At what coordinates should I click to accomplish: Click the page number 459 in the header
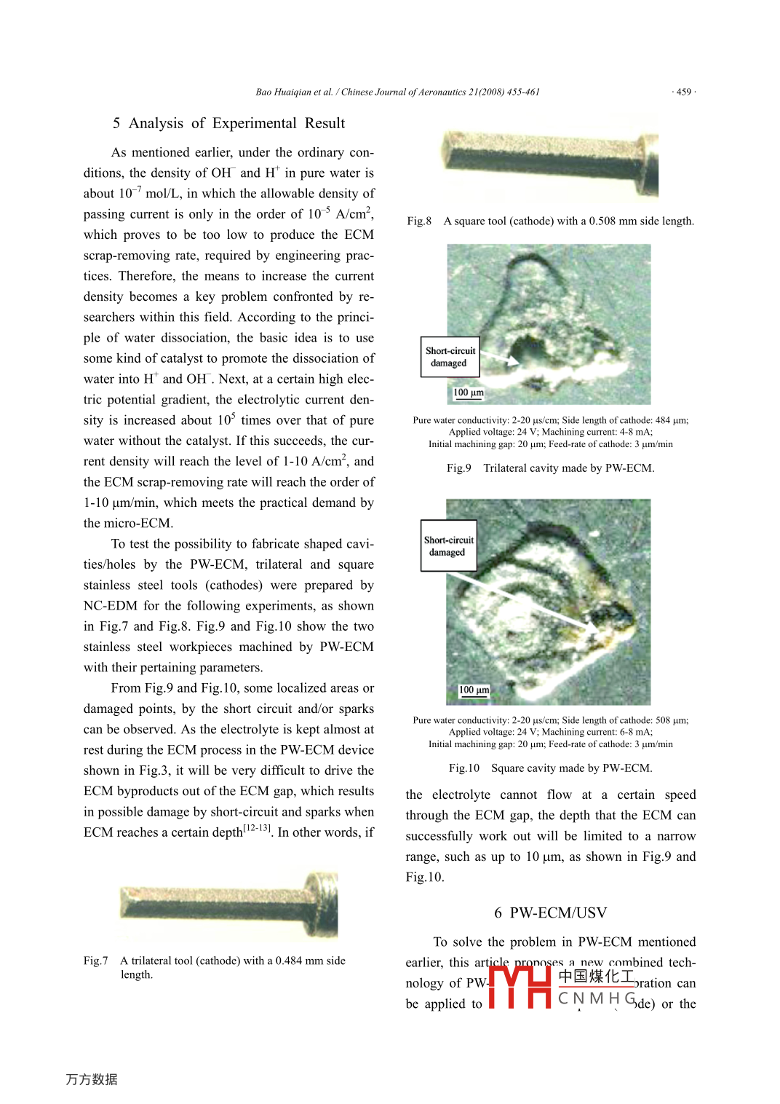[x=683, y=92]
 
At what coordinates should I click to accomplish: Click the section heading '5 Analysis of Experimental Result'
[x=228, y=123]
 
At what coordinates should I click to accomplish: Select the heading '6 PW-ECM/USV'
[x=550, y=912]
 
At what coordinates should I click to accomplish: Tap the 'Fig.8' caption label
[x=419, y=221]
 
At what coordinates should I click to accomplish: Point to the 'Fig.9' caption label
[x=459, y=468]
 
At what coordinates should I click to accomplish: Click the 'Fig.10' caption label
[x=464, y=768]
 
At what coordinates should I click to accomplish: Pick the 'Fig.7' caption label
[x=95, y=961]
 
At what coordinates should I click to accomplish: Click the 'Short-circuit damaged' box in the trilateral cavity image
[x=450, y=357]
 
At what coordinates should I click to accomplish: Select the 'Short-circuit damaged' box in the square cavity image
[x=448, y=546]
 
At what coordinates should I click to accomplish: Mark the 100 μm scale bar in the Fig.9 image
[x=469, y=393]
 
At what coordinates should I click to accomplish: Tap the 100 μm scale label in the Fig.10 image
[x=474, y=690]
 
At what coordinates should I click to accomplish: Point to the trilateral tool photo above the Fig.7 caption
[x=228, y=905]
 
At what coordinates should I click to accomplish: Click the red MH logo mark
[x=520, y=987]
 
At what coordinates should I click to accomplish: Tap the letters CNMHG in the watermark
[x=597, y=998]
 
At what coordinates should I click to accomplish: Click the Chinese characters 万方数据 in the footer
[x=92, y=1079]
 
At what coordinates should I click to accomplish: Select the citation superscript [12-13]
[x=256, y=828]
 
